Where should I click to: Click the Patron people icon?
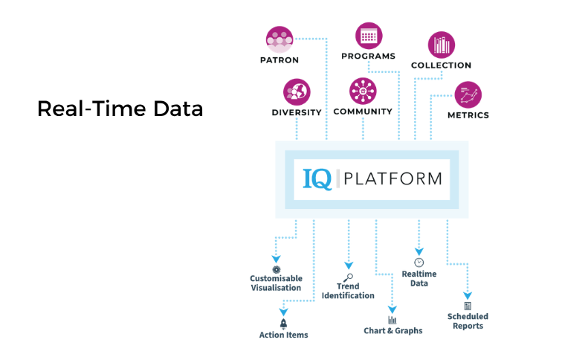click(x=280, y=39)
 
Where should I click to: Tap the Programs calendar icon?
click(x=369, y=36)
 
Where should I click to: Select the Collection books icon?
click(x=442, y=45)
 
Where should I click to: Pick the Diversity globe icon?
click(x=297, y=92)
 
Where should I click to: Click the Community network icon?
click(x=363, y=91)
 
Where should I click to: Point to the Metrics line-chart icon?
click(x=468, y=95)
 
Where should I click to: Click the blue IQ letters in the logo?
click(x=317, y=179)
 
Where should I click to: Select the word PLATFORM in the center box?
click(x=393, y=179)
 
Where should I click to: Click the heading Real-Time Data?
click(x=120, y=109)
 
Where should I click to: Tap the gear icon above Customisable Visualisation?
click(x=277, y=270)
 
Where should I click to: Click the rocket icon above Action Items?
click(x=283, y=324)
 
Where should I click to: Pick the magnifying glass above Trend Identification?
click(x=349, y=277)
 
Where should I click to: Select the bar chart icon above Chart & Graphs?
click(x=393, y=320)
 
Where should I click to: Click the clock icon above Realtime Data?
click(x=419, y=263)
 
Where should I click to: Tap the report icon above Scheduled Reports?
click(x=468, y=306)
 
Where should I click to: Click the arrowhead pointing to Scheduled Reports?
click(x=468, y=295)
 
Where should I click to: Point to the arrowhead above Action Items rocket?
click(x=283, y=312)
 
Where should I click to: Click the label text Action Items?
click(x=283, y=335)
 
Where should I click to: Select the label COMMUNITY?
click(x=363, y=112)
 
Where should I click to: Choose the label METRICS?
click(x=468, y=115)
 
